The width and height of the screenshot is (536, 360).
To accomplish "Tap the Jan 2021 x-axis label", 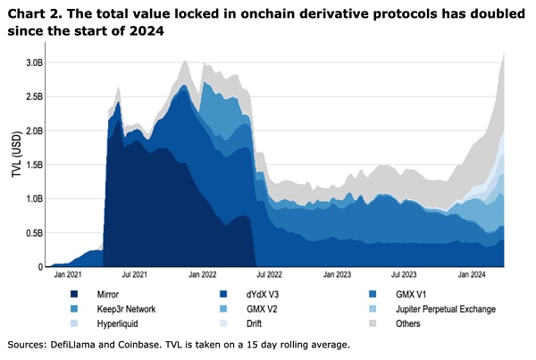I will (66, 276).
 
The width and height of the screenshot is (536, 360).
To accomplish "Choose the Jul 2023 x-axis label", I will (405, 276).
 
